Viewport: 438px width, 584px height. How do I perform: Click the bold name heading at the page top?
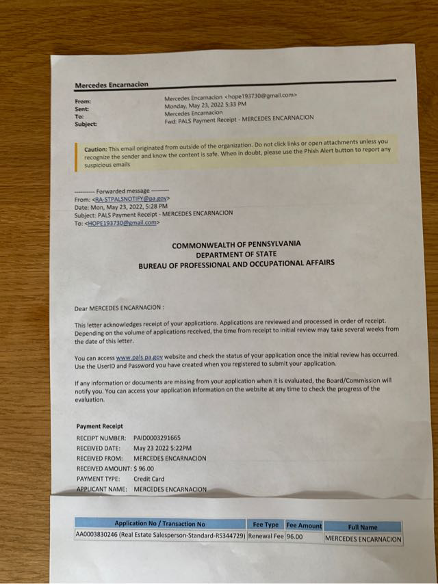pos(111,85)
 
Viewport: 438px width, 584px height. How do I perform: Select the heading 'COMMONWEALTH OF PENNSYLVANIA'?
pos(235,245)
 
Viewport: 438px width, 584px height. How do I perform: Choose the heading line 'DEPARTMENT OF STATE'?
pos(236,254)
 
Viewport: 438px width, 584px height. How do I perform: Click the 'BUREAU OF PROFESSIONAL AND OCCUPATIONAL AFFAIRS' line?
pos(236,263)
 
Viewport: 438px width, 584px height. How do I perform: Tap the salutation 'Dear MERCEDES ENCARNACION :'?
pos(119,308)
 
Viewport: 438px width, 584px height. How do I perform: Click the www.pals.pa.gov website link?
pos(140,357)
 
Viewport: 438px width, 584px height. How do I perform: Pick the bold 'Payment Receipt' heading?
pos(100,426)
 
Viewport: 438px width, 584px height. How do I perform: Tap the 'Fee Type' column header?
pos(266,525)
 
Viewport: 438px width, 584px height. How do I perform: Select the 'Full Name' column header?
pos(362,527)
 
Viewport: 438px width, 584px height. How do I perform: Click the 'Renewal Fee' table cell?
pos(266,537)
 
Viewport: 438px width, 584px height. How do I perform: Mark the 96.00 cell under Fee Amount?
pos(294,537)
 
